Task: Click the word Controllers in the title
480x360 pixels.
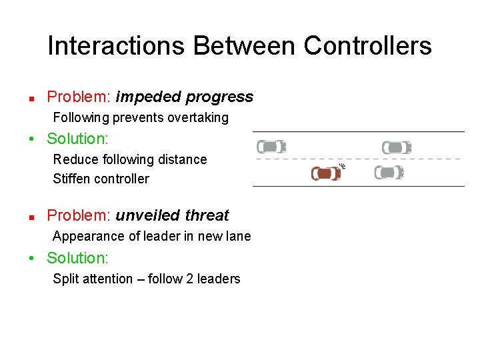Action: [367, 46]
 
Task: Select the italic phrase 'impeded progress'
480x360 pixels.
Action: [184, 97]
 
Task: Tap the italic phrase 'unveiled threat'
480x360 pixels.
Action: [172, 215]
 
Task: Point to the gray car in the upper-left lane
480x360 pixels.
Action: [271, 147]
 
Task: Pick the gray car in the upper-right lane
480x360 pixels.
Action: [396, 147]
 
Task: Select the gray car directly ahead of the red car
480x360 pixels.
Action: [389, 173]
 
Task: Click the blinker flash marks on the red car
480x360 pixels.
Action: [343, 165]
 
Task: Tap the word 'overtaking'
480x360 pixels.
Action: [198, 118]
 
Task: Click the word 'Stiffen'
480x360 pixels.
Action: [73, 179]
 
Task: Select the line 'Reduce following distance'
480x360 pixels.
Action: [130, 159]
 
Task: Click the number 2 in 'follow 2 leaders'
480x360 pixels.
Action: [190, 279]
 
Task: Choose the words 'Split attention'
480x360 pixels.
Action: [93, 279]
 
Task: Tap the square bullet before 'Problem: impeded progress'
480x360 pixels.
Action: [31, 98]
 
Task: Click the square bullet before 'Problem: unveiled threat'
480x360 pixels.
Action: [31, 217]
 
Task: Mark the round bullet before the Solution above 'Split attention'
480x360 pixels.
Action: [32, 258]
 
